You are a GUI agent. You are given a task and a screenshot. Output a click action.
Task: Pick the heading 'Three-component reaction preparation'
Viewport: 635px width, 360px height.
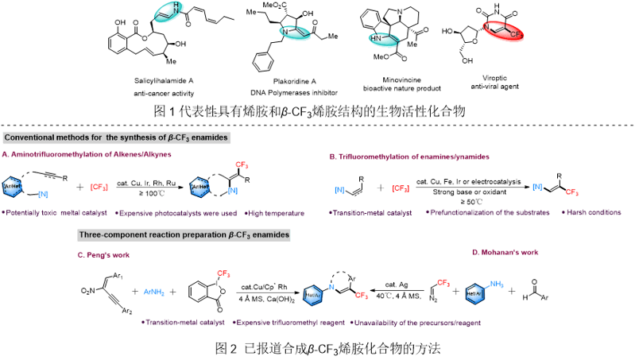click(x=184, y=234)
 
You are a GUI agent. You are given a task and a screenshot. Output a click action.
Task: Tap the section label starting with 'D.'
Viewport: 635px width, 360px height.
click(x=505, y=253)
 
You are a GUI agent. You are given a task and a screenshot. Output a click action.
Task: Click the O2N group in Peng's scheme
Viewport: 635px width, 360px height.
click(x=87, y=296)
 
